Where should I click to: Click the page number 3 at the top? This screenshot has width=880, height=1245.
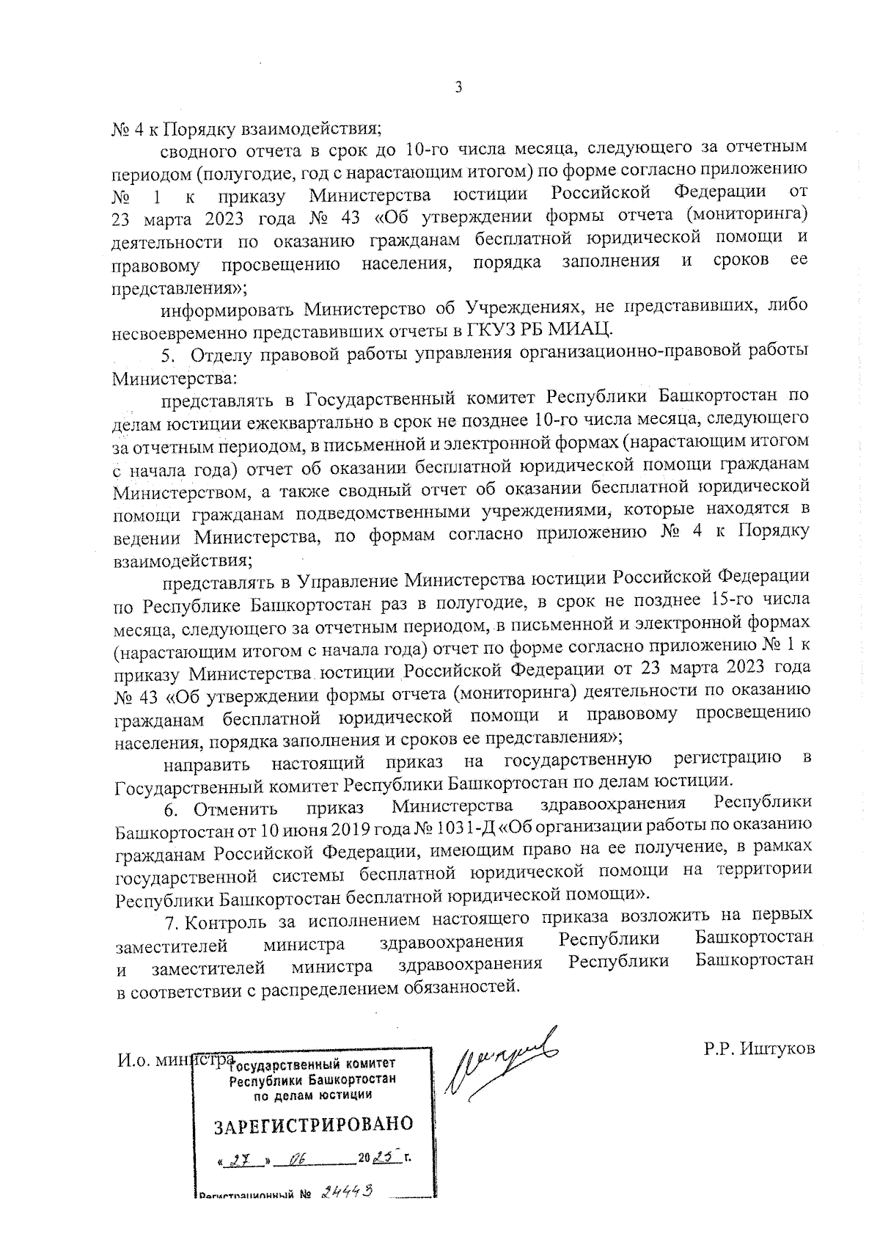(x=459, y=88)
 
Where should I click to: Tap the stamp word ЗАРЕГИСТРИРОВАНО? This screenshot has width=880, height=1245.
(x=313, y=1125)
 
